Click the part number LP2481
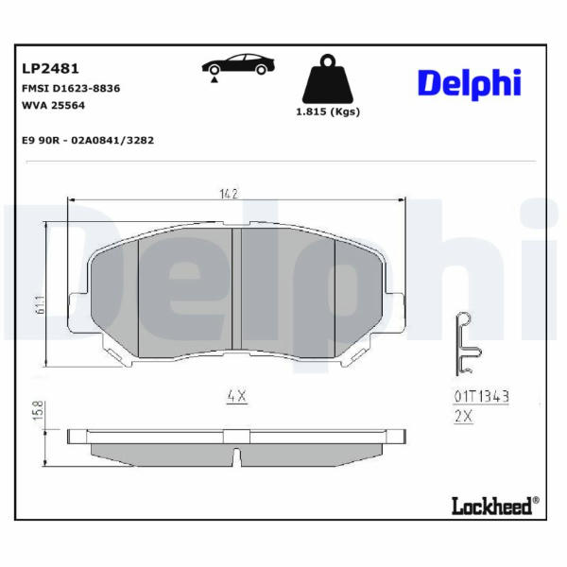(x=50, y=68)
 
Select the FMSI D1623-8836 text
(x=71, y=88)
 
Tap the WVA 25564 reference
(x=54, y=105)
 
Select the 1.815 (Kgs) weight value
(x=328, y=112)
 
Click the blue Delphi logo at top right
(x=470, y=83)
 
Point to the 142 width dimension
(x=229, y=194)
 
